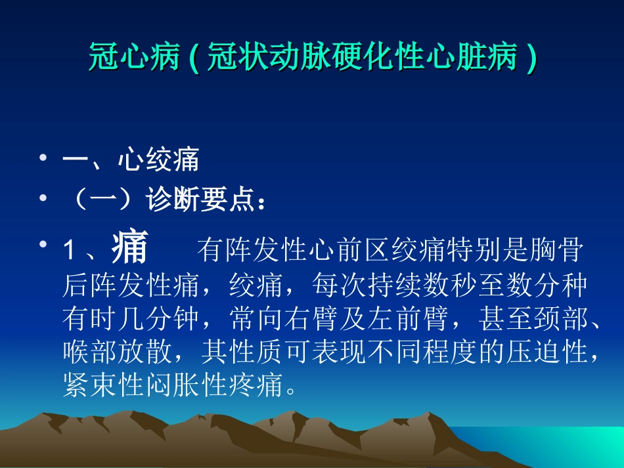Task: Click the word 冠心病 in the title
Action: (x=134, y=59)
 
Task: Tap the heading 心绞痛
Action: (x=158, y=161)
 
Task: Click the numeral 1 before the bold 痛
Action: (x=68, y=251)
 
